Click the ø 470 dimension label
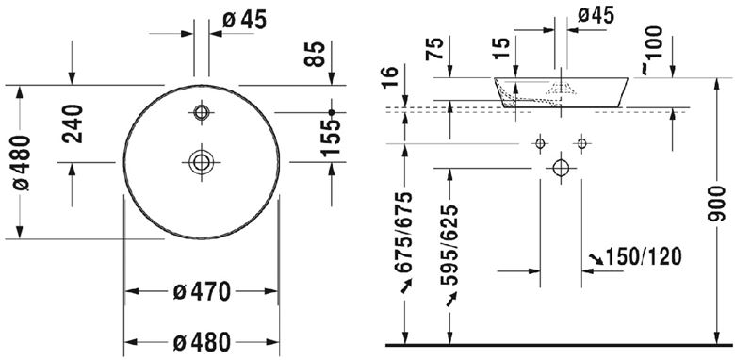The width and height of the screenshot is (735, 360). [x=202, y=291]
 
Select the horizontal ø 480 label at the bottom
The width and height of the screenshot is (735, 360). [x=202, y=343]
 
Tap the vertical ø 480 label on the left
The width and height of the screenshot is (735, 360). [x=22, y=162]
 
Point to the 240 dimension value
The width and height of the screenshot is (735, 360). [x=73, y=123]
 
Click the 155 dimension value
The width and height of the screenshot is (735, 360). [x=331, y=138]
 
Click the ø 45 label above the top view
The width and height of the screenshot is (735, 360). [x=244, y=20]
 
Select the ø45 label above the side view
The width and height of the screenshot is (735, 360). [x=596, y=15]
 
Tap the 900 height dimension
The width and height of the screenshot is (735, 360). [x=717, y=204]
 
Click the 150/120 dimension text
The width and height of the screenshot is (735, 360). [x=644, y=257]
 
